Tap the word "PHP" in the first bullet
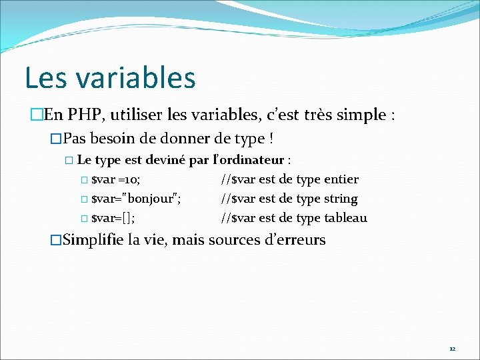tap(84, 115)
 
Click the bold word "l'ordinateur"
tap(248, 161)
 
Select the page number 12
tap(452, 349)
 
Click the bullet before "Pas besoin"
tap(56, 141)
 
